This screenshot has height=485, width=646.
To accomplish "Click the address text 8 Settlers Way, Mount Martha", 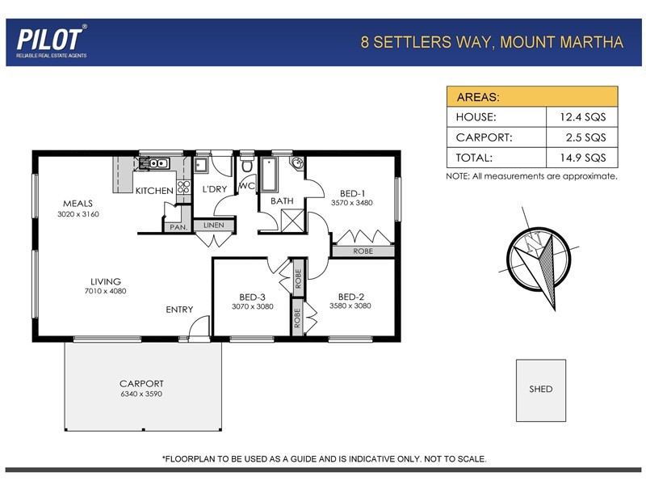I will (492, 42).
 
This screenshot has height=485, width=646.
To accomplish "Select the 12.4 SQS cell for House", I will (582, 117).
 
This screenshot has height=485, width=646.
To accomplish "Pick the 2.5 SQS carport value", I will (582, 137).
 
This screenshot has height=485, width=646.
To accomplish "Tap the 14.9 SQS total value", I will (582, 158).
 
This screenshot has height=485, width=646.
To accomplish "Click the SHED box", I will (541, 389).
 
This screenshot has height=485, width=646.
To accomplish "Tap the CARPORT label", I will (141, 384).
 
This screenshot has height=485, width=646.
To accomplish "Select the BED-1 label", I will (352, 193).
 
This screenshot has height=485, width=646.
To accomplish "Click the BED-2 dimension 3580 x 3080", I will (350, 306).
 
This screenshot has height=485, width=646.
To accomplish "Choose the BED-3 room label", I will (252, 296).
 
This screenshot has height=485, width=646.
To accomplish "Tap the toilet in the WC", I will (247, 166).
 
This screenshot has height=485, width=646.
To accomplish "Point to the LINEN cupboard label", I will (213, 226).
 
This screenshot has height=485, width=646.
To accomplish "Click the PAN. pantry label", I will (177, 227).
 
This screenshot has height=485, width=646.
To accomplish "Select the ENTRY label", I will (179, 310).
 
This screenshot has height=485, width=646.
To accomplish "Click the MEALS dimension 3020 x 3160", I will (78, 214).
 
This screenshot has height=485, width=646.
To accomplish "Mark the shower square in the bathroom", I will (288, 219).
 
